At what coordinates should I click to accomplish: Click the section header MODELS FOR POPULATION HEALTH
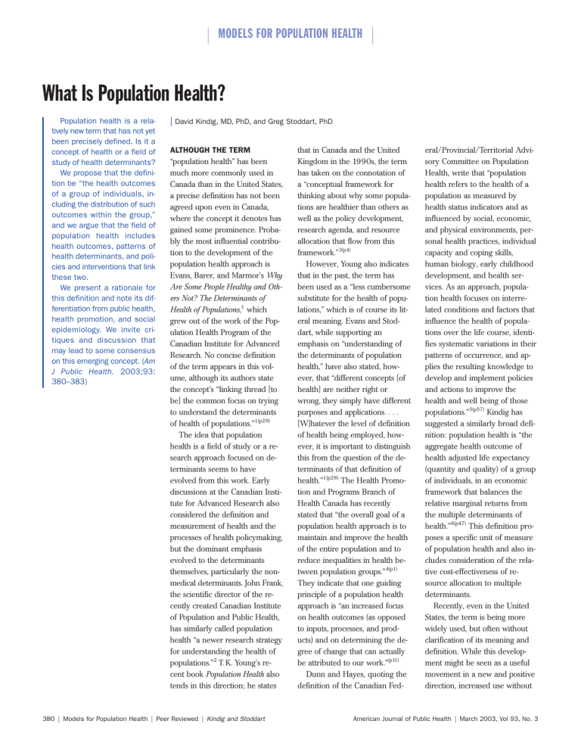pyautogui.click(x=290, y=33)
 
